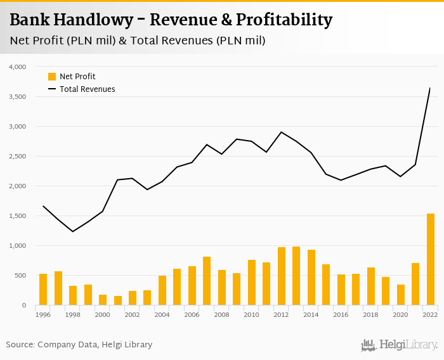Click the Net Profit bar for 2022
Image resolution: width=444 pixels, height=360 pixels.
(431, 259)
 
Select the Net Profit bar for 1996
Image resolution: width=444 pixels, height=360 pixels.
(43, 290)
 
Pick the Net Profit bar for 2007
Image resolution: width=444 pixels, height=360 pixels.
(207, 281)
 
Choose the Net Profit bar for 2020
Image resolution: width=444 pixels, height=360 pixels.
(401, 295)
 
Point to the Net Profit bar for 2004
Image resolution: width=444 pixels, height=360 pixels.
(162, 290)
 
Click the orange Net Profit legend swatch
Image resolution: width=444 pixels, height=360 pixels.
(52, 77)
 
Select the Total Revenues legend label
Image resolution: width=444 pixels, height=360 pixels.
(88, 89)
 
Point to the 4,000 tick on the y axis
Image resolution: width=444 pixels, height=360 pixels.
(17, 67)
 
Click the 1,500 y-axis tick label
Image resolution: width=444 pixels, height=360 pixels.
(17, 216)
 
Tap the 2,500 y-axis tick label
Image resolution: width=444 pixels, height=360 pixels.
(17, 157)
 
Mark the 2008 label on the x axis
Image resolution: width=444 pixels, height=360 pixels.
(222, 314)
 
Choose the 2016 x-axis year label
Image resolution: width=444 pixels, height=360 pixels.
(341, 314)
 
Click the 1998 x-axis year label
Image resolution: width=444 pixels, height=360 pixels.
(73, 314)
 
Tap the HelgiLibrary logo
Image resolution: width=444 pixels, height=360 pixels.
(400, 345)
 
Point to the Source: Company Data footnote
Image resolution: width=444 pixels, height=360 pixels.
(79, 345)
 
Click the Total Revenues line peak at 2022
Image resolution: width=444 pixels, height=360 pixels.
(430, 88)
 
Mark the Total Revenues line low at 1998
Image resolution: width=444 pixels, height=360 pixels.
(73, 231)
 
